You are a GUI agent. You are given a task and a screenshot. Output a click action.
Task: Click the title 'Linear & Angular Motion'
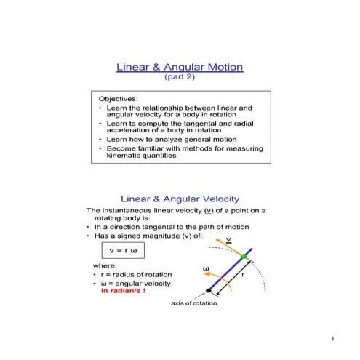click(x=180, y=68)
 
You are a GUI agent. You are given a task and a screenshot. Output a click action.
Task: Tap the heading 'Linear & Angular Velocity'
click(x=180, y=199)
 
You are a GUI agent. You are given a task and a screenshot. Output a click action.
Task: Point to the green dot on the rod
click(x=244, y=258)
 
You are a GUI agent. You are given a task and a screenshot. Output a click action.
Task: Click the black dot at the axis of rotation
click(x=209, y=291)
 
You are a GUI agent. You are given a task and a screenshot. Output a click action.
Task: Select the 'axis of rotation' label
click(x=193, y=304)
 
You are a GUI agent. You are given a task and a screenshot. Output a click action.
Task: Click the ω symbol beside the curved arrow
click(x=205, y=269)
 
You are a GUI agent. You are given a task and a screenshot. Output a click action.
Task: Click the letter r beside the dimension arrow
click(x=242, y=276)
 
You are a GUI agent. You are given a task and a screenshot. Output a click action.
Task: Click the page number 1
click(x=332, y=340)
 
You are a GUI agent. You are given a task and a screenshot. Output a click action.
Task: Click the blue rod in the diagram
click(x=226, y=275)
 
